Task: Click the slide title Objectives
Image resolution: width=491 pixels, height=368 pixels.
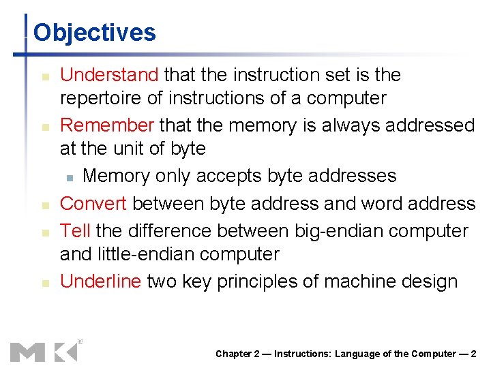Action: coord(95,32)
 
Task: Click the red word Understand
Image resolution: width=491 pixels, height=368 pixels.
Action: coord(109,74)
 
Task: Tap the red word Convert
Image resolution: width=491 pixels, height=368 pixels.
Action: coord(94,203)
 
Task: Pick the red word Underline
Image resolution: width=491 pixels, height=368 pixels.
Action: coord(101,281)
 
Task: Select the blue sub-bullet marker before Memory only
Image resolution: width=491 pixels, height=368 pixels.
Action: coord(70,177)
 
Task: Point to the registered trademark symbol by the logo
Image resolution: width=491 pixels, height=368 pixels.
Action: coord(80,341)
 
